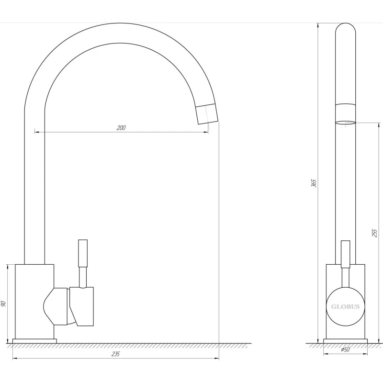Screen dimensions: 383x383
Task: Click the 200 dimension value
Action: click(x=121, y=128)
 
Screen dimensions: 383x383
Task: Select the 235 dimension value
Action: click(x=115, y=354)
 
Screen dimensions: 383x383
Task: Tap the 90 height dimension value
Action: click(x=3, y=304)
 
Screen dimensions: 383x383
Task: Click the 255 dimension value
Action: click(x=375, y=233)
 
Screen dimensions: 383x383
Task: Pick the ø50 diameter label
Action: click(x=345, y=349)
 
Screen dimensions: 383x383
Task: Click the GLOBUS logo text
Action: click(x=345, y=306)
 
